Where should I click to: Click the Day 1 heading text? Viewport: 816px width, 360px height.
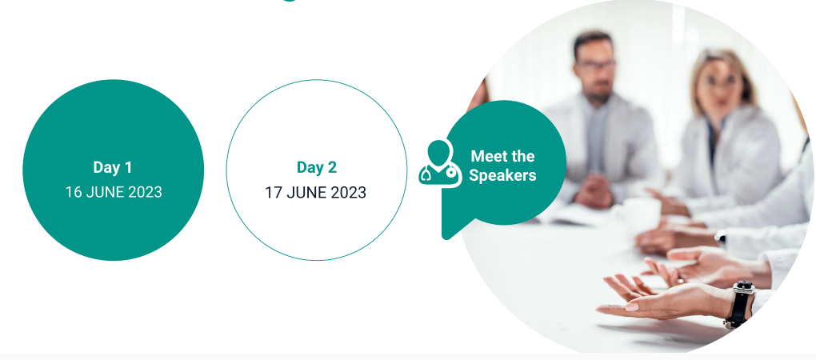[x=113, y=167]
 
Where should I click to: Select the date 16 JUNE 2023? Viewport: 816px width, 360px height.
[x=114, y=193]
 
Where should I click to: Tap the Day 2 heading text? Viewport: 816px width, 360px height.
[x=317, y=167]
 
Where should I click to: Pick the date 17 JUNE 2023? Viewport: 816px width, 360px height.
[x=315, y=193]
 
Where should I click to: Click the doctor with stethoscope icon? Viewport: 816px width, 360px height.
[x=440, y=163]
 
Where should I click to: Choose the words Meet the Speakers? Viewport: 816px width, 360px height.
[x=502, y=166]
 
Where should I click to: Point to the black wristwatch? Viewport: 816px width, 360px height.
[x=739, y=304]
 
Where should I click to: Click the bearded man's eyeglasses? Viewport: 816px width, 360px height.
[x=595, y=65]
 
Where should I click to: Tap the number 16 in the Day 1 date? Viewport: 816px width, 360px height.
[x=74, y=193]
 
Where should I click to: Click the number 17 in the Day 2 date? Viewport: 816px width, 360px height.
[x=274, y=193]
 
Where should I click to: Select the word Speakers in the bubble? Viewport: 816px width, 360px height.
[x=502, y=175]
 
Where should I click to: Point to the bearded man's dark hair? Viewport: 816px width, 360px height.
[x=592, y=42]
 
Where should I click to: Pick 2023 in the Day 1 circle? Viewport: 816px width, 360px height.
[x=145, y=193]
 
